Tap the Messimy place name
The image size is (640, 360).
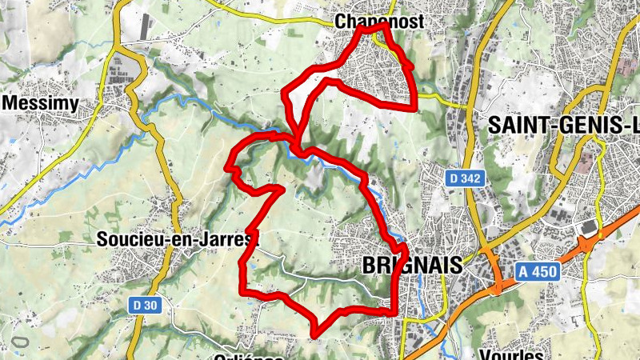[x=40, y=103]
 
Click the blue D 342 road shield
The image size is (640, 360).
[x=465, y=179]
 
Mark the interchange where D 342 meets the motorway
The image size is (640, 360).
[x=496, y=280]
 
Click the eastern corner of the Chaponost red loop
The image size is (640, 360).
[x=414, y=106]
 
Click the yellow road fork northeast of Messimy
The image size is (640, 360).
[x=119, y=48]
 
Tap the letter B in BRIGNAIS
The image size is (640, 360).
[x=370, y=265]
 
